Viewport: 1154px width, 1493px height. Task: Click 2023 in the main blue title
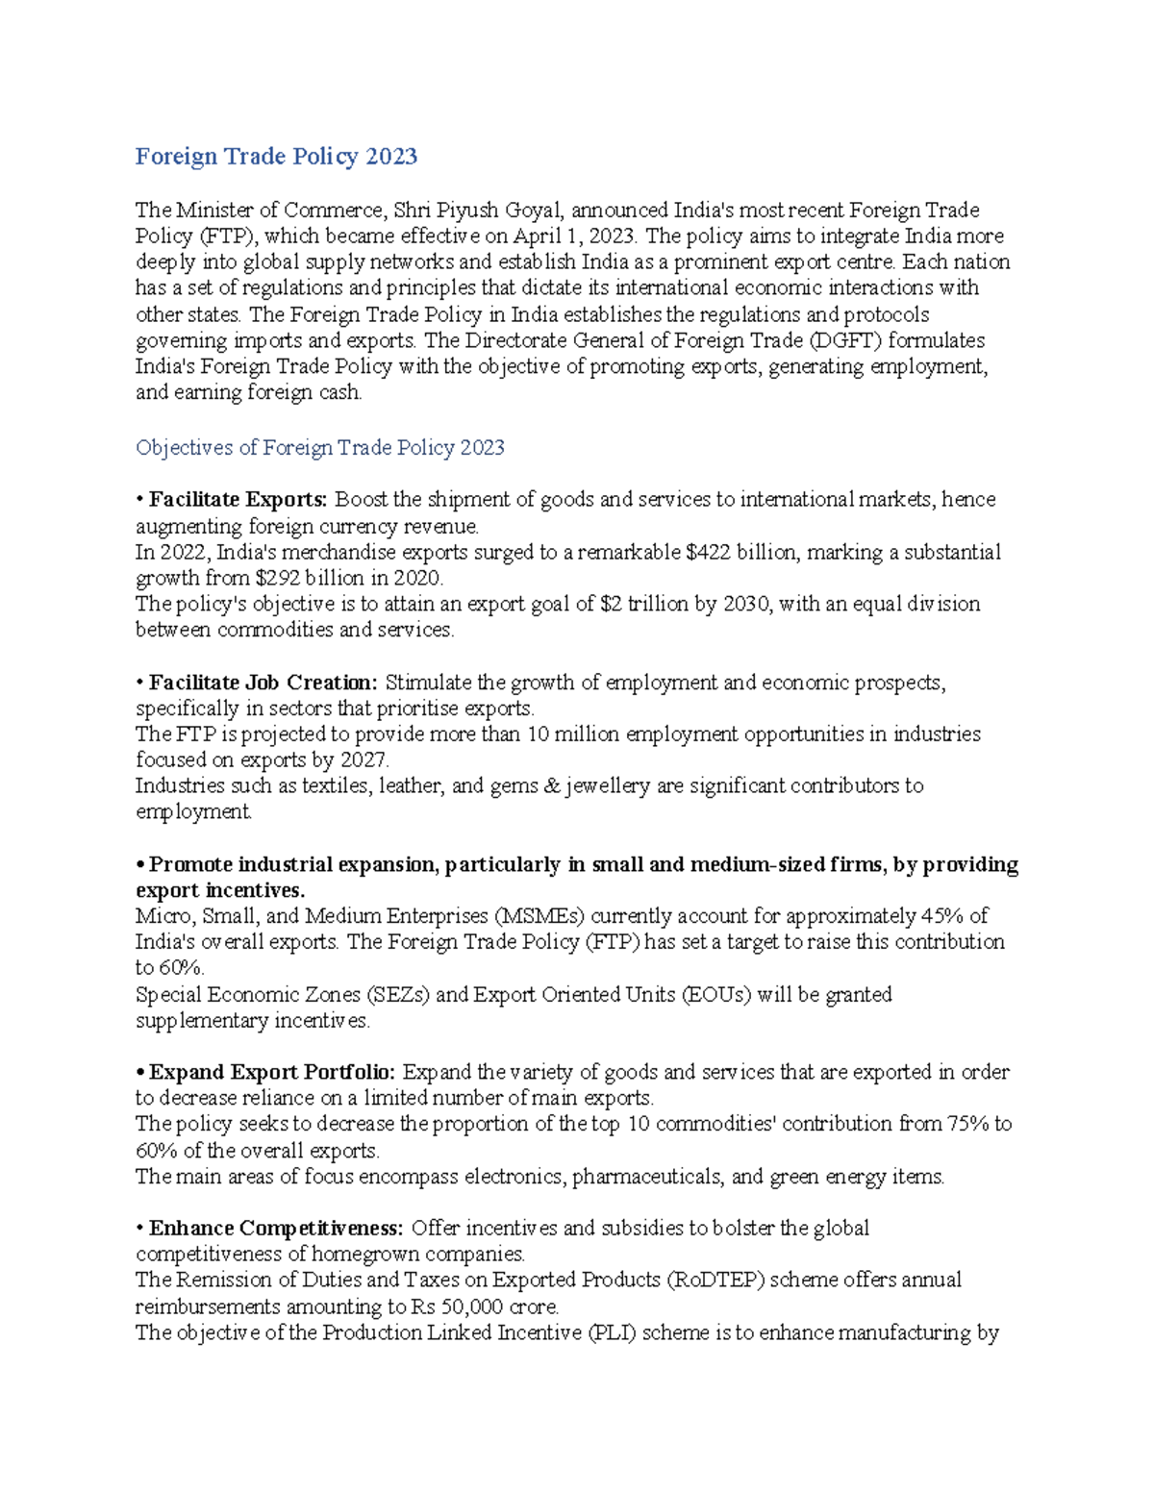(390, 157)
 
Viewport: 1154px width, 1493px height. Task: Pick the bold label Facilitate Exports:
(238, 500)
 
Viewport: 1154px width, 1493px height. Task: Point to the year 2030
(744, 605)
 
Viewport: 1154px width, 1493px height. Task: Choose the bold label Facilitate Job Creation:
(263, 684)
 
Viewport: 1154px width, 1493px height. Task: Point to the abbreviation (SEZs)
(398, 995)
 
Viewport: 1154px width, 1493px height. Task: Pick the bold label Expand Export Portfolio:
(272, 1073)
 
